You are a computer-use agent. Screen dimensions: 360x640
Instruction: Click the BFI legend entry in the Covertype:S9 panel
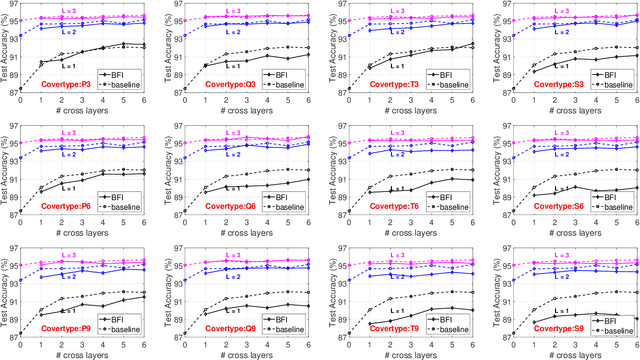605,315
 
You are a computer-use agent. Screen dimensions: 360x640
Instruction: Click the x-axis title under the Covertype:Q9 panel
247,353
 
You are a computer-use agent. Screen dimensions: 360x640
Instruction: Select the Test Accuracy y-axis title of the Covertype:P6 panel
5,168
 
